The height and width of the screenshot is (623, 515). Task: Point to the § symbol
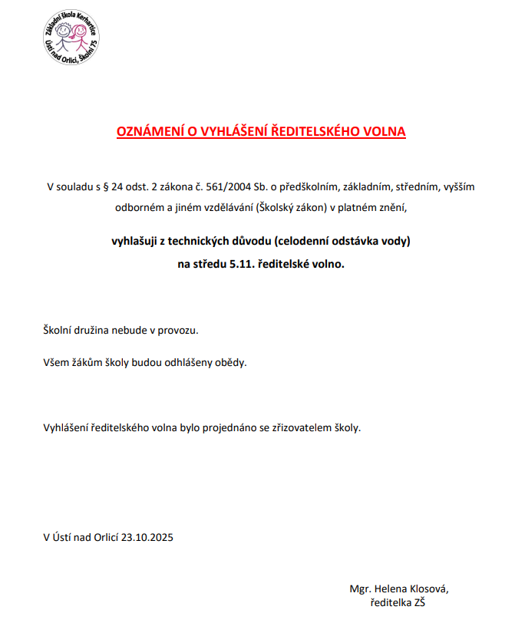click(x=107, y=186)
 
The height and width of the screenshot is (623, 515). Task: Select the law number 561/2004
click(x=229, y=186)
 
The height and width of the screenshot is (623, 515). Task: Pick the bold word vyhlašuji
click(x=135, y=242)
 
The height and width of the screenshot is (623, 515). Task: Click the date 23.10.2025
click(x=147, y=537)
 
